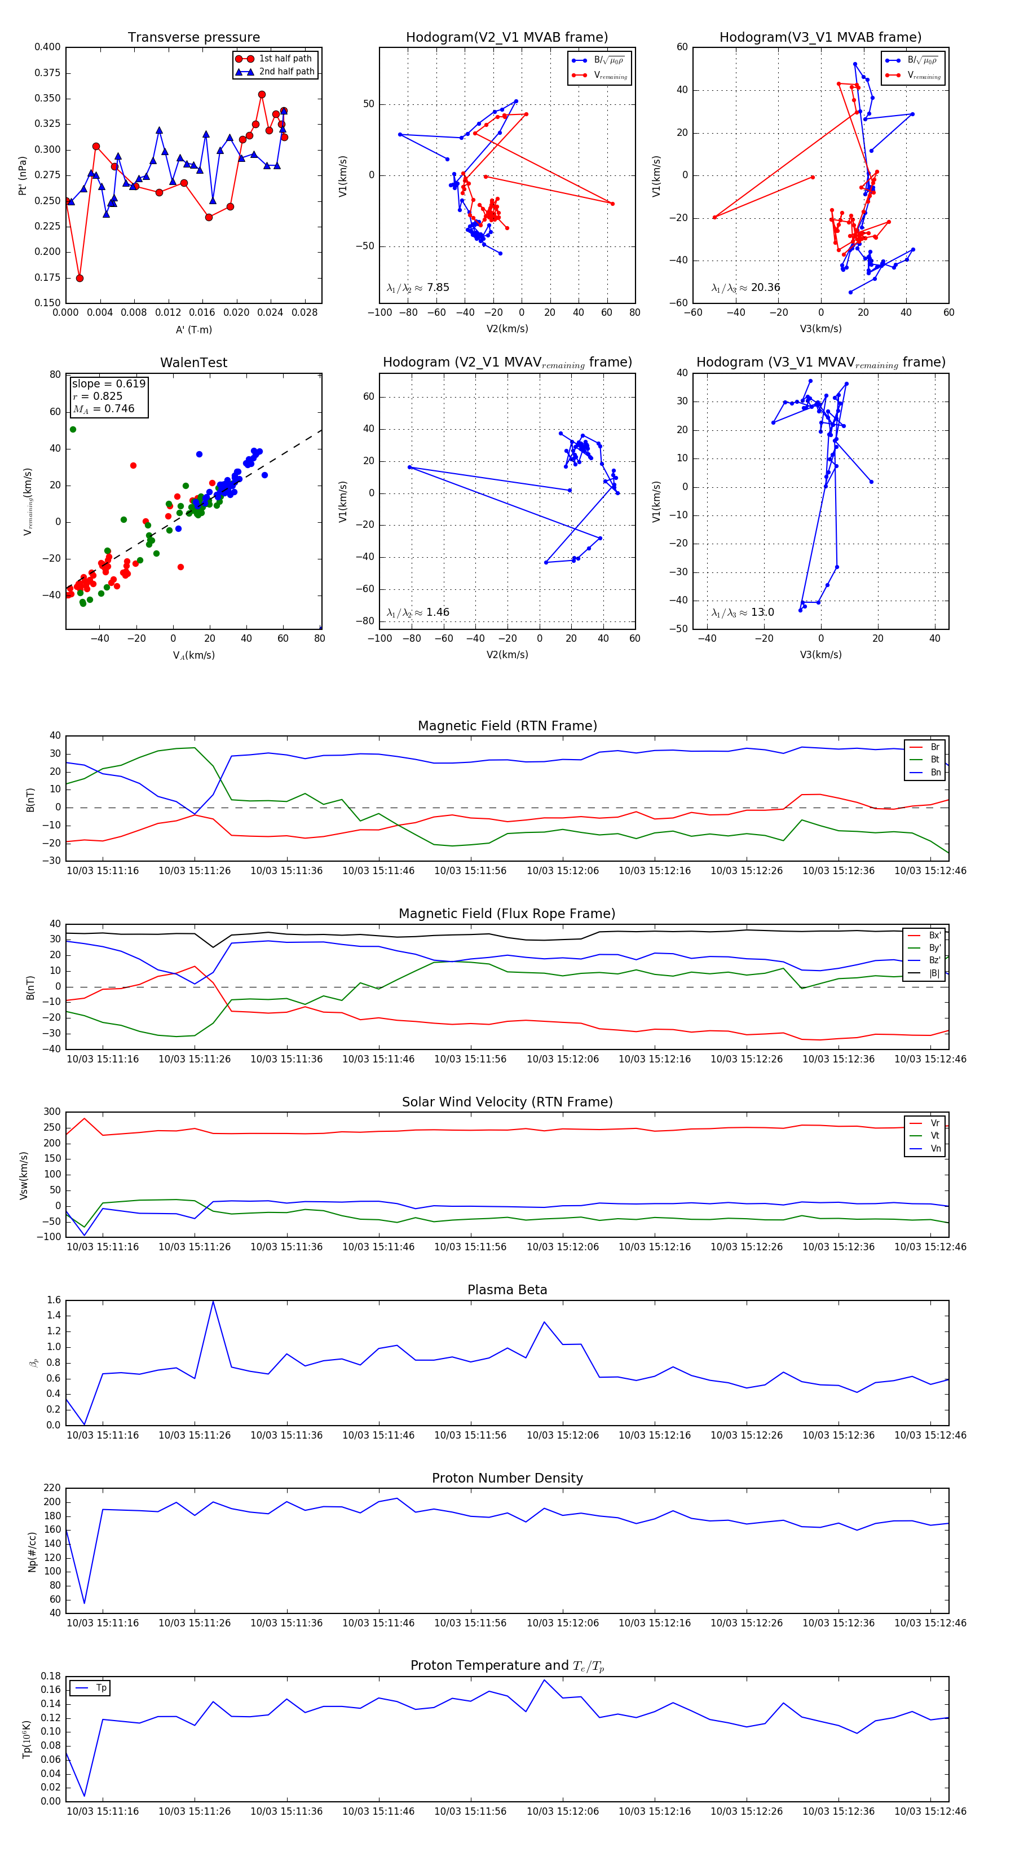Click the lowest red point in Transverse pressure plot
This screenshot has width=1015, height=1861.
(80, 278)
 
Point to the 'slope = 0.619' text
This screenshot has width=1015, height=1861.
(108, 383)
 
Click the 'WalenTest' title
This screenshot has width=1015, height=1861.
(193, 363)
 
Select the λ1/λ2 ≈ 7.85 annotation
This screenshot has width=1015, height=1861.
(417, 288)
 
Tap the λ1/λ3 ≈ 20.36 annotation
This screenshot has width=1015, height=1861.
(745, 288)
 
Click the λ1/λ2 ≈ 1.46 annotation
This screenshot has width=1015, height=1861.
(417, 612)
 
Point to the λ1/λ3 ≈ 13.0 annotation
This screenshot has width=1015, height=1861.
(743, 612)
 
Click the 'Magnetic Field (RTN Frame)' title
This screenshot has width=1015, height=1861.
(507, 726)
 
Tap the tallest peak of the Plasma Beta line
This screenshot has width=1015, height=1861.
(213, 1302)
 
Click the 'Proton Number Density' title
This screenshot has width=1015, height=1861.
(507, 1478)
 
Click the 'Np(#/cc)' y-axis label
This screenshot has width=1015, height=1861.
(32, 1551)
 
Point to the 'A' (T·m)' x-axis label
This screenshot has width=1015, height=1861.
(193, 329)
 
